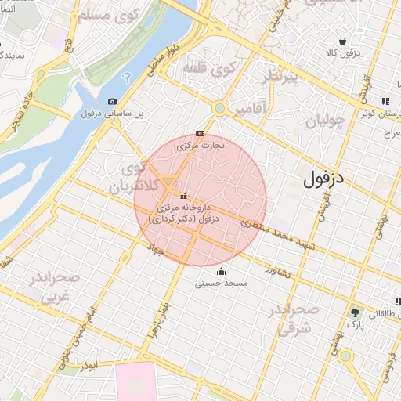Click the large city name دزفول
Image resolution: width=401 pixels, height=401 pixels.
[323, 179]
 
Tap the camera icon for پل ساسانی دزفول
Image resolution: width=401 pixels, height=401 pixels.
[112, 101]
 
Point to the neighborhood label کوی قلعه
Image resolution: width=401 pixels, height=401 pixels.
[209, 68]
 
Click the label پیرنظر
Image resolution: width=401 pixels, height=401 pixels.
[280, 77]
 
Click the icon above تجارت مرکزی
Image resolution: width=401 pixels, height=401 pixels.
[200, 133]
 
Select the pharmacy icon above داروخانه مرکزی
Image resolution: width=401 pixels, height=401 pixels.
[183, 196]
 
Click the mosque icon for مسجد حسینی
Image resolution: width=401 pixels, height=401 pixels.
[222, 272]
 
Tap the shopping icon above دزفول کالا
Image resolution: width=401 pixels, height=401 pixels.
[342, 41]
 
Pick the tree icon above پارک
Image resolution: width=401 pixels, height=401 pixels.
[356, 312]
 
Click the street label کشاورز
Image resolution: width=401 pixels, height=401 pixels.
[278, 271]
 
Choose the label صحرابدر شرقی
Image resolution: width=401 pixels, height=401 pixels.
[294, 319]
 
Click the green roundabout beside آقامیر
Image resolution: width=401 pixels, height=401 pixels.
[220, 108]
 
